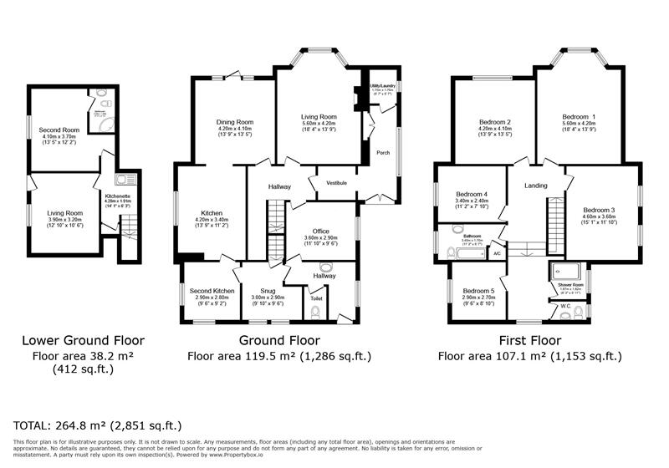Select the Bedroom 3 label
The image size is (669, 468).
[599, 209]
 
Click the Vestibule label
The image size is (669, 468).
[336, 182]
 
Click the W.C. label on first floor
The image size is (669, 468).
[566, 305]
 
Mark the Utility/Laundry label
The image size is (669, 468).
[383, 85]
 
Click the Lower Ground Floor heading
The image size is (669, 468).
[83, 341]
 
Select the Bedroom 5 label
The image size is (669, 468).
[479, 291]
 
